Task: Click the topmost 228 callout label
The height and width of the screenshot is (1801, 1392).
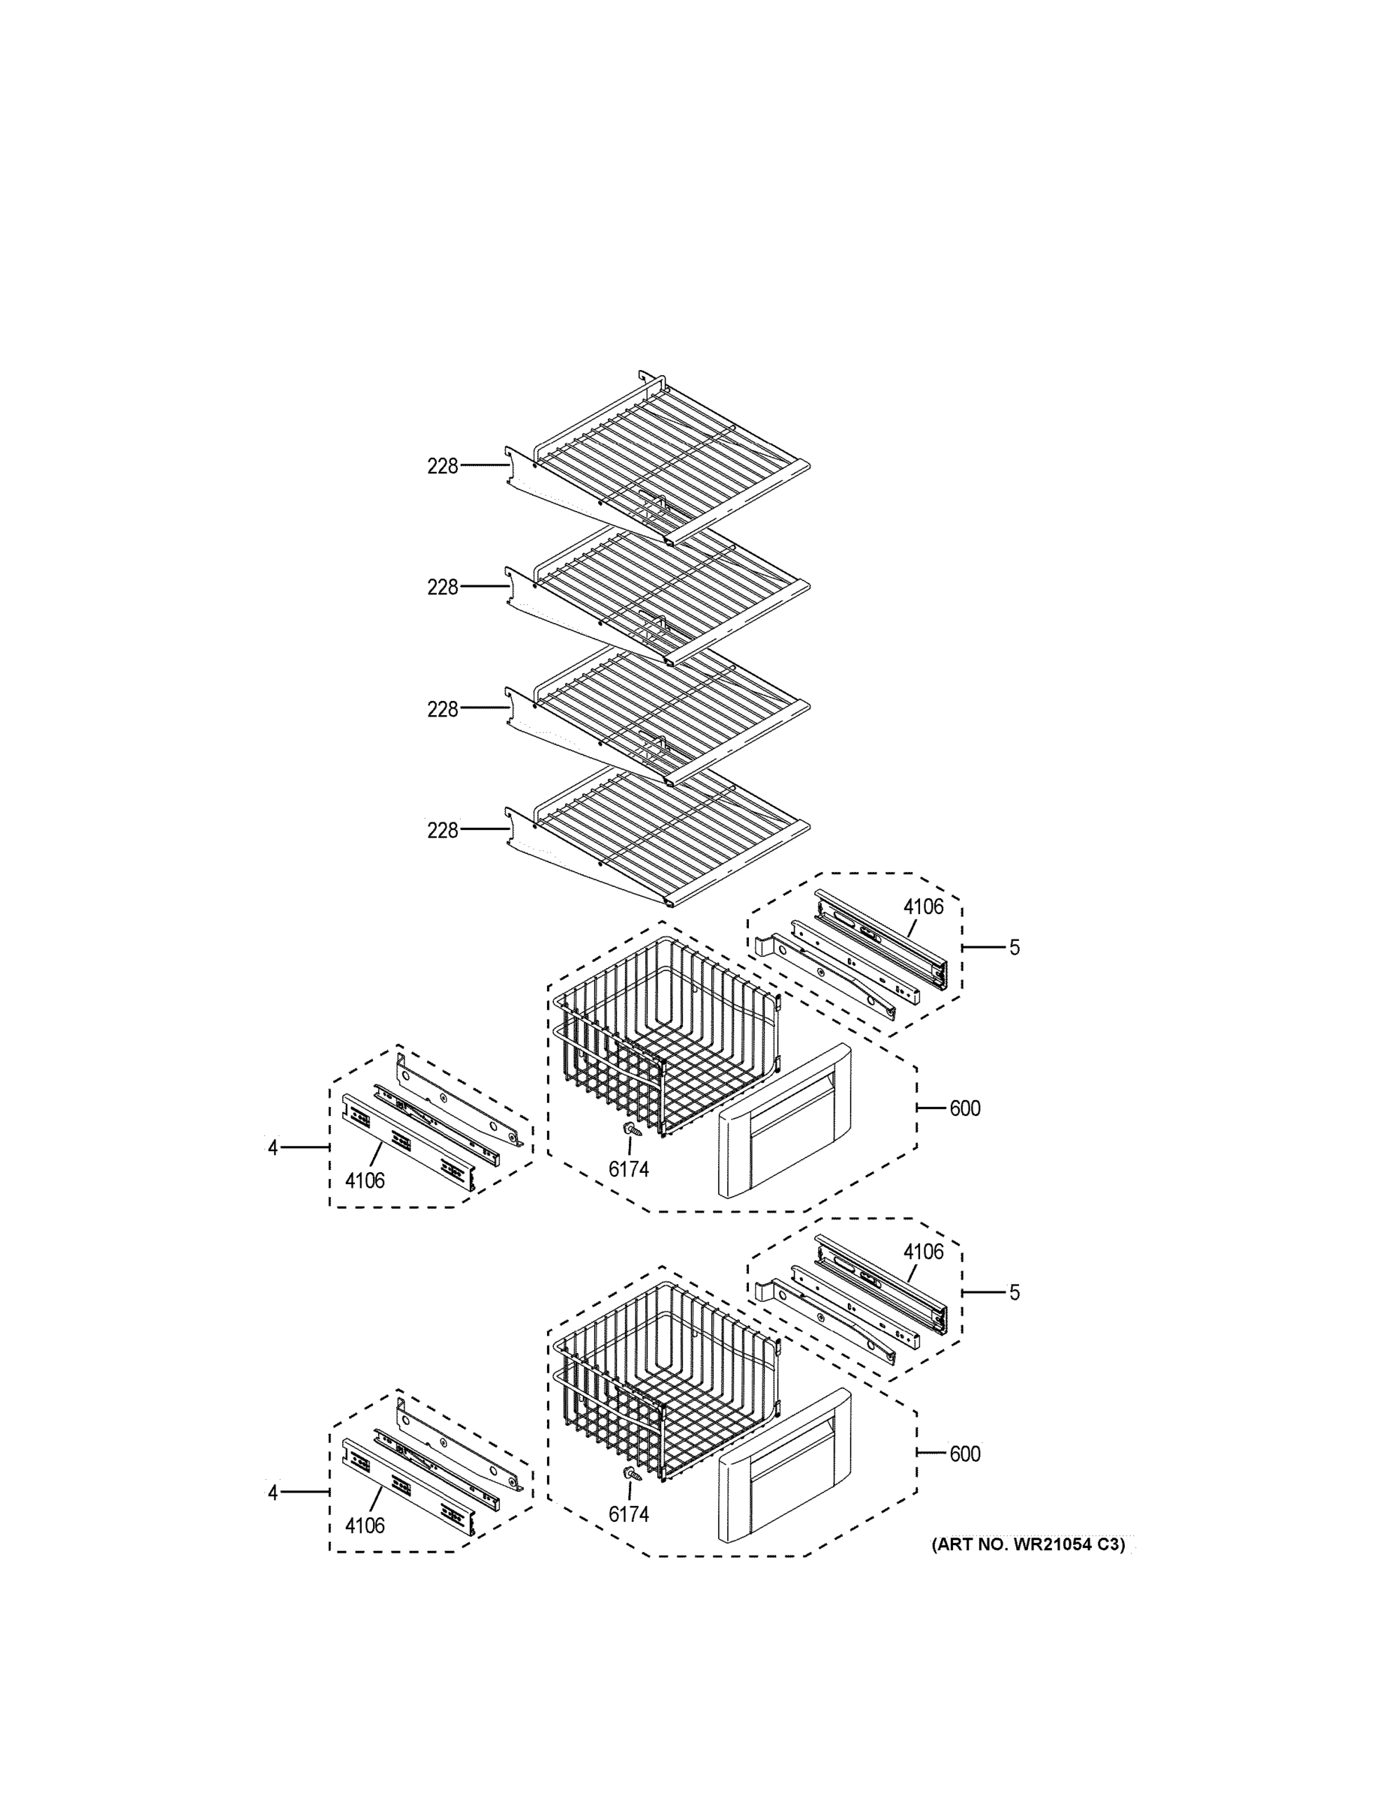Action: pos(442,467)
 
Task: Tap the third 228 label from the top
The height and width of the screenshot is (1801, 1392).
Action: pos(442,709)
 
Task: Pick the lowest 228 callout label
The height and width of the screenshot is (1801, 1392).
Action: pos(442,831)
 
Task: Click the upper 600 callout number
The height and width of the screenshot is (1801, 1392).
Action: pos(965,1108)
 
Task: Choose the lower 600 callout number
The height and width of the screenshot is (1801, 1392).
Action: pos(965,1454)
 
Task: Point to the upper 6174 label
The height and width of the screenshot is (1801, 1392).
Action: pos(628,1168)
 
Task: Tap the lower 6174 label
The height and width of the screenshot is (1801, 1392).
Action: pos(628,1514)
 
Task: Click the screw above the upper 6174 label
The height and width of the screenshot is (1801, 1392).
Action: pos(632,1128)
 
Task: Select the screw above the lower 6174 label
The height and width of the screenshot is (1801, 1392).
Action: pos(632,1473)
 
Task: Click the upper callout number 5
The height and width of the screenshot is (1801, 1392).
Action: pos(1015,948)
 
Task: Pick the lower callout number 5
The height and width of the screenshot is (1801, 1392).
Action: pos(1015,1292)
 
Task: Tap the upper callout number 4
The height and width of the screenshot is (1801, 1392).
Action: pos(273,1147)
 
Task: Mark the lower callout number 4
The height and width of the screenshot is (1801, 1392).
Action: pos(273,1492)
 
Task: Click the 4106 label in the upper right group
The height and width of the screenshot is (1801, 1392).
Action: pos(923,907)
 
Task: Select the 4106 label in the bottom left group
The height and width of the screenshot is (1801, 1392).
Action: pos(365,1526)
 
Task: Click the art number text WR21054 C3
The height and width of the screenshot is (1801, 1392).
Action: pos(1027,1544)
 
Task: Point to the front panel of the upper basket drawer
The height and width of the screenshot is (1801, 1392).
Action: pos(783,1122)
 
